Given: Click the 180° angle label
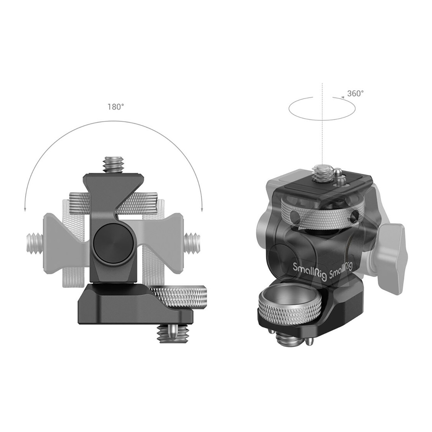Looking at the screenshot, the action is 116,107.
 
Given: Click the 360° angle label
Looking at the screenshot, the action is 355,94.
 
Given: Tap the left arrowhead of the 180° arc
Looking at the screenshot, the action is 25,209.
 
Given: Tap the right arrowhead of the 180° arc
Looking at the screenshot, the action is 202,209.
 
